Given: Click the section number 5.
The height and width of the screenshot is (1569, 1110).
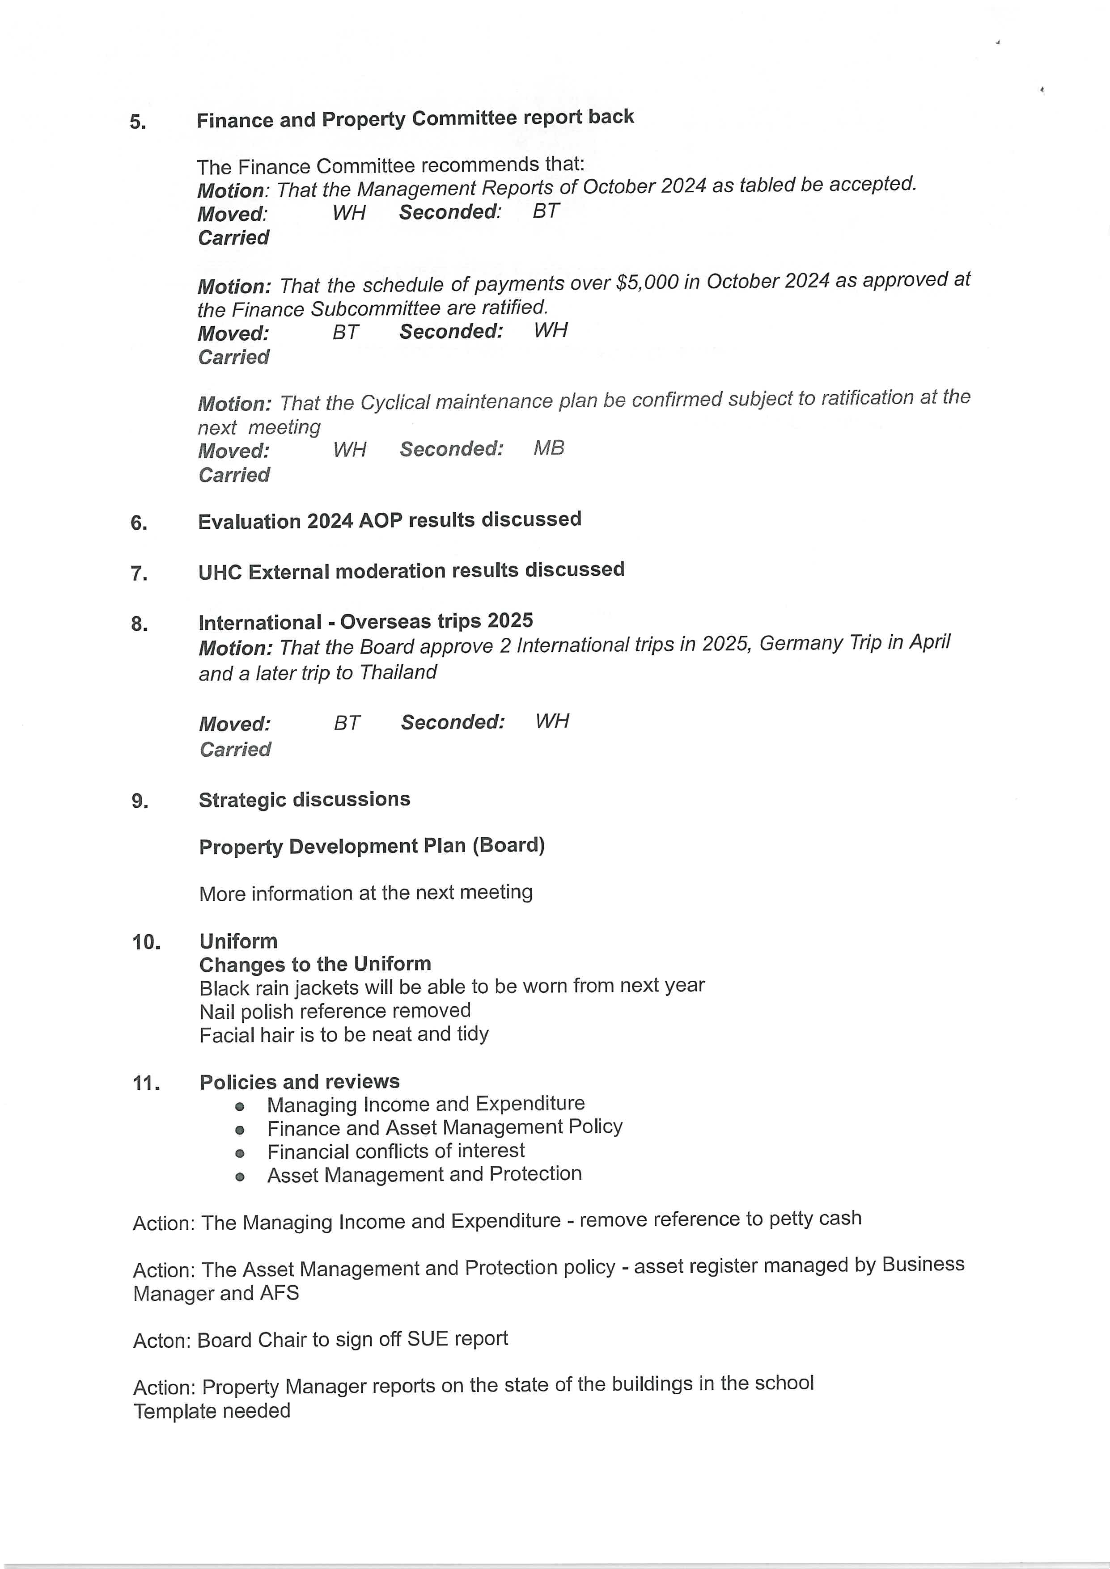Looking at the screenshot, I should click(137, 122).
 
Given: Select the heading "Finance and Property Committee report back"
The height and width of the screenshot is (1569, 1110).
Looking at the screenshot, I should click(415, 118).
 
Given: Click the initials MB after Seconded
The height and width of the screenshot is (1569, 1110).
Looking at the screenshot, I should click(549, 448).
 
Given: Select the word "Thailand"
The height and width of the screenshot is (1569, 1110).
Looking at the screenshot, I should click(398, 672).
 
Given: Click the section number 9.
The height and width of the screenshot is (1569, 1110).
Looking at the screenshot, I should click(140, 801).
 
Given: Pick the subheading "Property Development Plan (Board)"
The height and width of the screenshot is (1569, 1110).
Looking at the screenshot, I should click(372, 846).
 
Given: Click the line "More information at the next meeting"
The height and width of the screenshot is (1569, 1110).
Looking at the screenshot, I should click(366, 893).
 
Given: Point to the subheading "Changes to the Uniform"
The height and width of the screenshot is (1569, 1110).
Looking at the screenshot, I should click(315, 964).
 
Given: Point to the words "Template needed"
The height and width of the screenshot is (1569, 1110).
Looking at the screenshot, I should click(212, 1410).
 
